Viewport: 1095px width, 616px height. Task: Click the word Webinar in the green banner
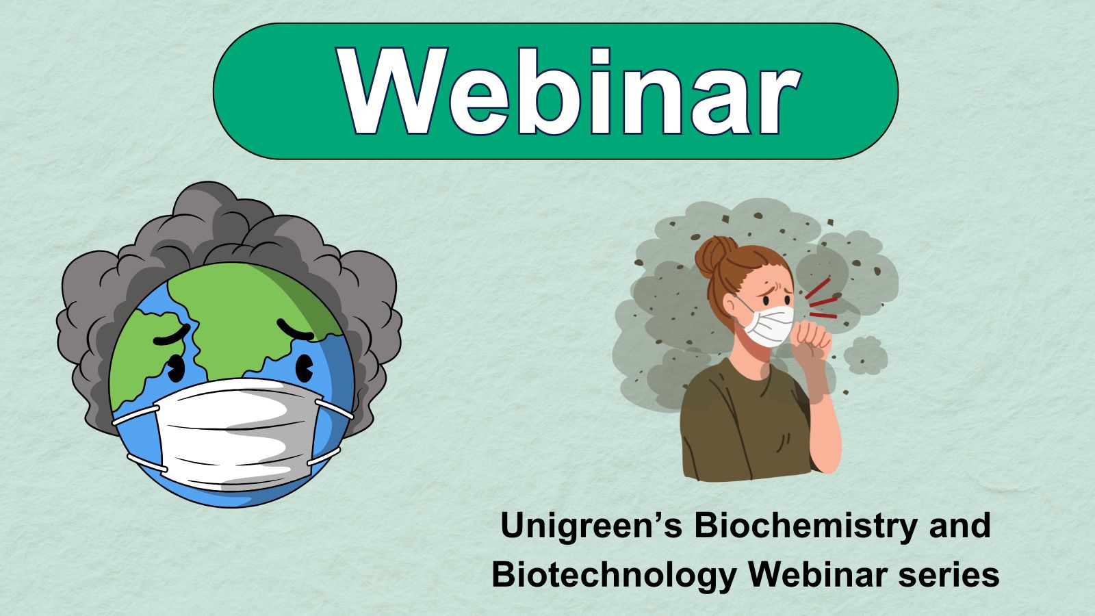(569, 92)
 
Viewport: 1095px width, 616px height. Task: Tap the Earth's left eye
(175, 368)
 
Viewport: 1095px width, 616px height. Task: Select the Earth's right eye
(305, 368)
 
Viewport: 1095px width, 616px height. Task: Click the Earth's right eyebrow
(295, 330)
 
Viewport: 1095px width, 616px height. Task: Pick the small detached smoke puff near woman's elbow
(865, 355)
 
